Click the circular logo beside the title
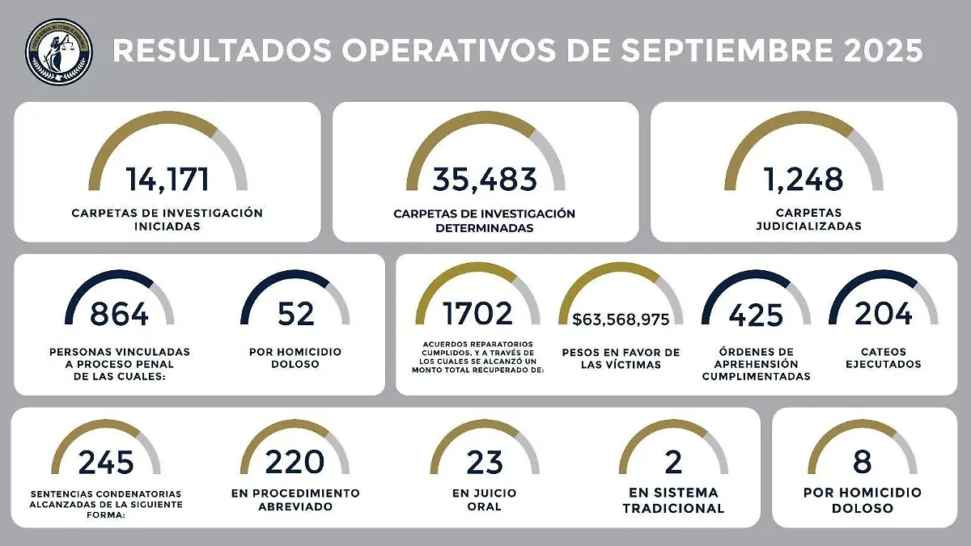(x=58, y=52)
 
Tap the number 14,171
(x=167, y=179)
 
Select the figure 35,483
(x=485, y=179)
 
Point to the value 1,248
(x=804, y=179)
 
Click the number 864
(x=119, y=314)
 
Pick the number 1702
(x=478, y=314)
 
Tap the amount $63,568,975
(x=621, y=320)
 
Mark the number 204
(x=884, y=314)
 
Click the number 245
(x=106, y=463)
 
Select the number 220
(x=295, y=462)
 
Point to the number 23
(x=485, y=463)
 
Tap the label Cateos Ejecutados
(x=884, y=358)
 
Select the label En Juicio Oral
(x=485, y=500)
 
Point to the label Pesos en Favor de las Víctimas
(x=621, y=358)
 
